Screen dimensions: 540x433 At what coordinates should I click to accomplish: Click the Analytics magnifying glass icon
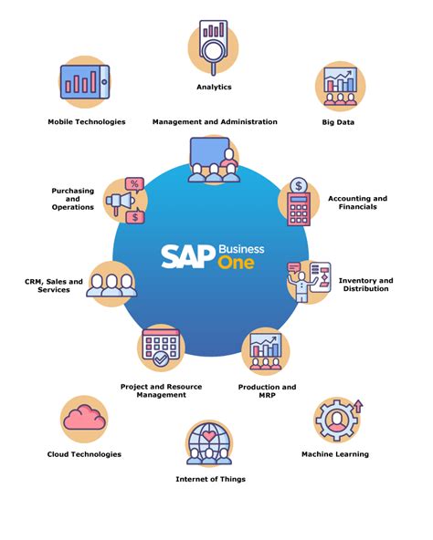point(213,46)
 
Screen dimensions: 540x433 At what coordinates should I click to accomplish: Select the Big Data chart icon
point(340,86)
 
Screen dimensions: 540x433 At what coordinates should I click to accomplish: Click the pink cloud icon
point(84,417)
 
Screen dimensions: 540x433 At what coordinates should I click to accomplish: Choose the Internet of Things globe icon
point(210,442)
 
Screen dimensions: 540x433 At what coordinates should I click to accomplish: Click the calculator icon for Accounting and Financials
point(299,200)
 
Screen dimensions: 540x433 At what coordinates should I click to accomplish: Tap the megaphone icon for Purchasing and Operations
point(125,200)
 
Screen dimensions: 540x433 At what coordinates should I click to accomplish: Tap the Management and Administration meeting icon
point(212,160)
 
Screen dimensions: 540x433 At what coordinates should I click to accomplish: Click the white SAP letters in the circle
point(186,255)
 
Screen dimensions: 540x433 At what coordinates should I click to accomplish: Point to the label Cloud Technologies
point(84,454)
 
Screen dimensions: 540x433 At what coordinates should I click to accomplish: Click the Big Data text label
point(339,121)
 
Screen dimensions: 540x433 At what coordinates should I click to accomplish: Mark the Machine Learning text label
point(335,454)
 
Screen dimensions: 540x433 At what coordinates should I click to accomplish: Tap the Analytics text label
point(214,87)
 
